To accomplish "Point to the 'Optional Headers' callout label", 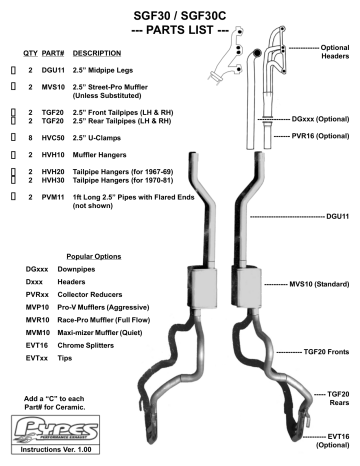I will [334, 52].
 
